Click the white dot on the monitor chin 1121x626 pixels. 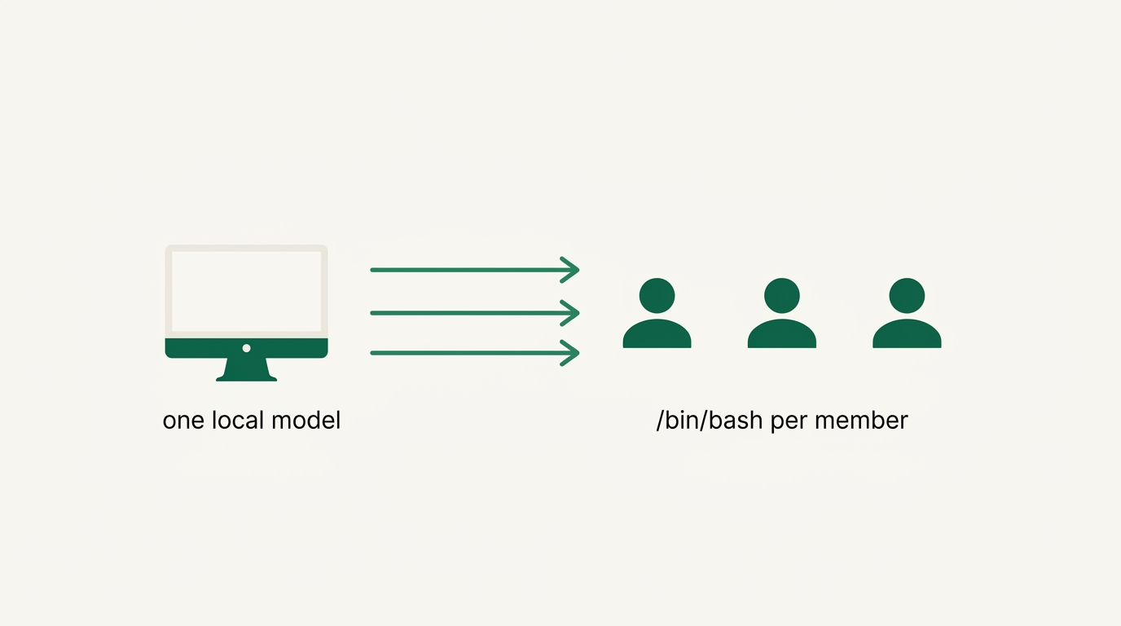click(246, 348)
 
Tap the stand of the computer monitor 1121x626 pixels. click(246, 370)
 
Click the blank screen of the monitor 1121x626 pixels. click(246, 291)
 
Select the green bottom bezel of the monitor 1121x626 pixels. click(246, 348)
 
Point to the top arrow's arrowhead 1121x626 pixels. click(570, 270)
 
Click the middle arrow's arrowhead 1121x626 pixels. click(570, 313)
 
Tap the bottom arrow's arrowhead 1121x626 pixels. click(570, 353)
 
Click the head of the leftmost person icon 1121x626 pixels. click(657, 295)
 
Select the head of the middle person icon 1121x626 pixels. click(782, 295)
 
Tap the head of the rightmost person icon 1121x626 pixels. click(907, 295)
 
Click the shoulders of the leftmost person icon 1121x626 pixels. click(657, 333)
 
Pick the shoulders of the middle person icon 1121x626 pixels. click(782, 333)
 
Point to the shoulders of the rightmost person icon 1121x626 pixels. click(907, 333)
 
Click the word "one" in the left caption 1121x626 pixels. click(183, 421)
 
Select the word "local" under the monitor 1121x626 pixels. click(238, 420)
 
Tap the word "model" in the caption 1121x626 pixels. click(306, 420)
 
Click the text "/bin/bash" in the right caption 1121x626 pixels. click(710, 420)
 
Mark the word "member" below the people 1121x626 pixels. click(861, 420)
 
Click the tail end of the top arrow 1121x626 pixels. click(371, 270)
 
